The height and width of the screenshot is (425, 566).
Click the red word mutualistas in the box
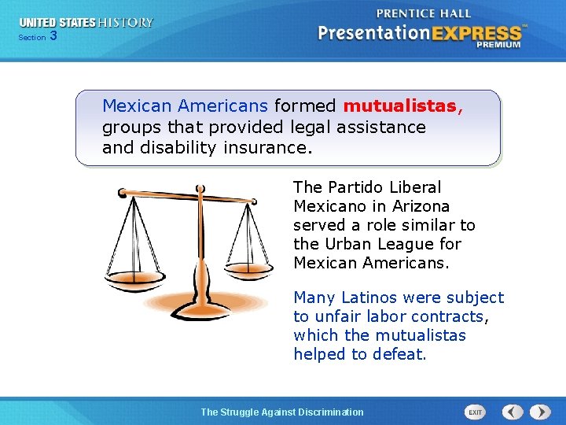400,105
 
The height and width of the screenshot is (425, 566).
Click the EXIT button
475,412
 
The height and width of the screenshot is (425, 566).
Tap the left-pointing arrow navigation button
513,412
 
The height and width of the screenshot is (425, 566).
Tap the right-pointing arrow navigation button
540,412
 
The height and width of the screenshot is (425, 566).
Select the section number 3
53,35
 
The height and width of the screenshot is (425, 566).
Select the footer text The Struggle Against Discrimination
282,412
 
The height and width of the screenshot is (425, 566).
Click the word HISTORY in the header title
127,23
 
